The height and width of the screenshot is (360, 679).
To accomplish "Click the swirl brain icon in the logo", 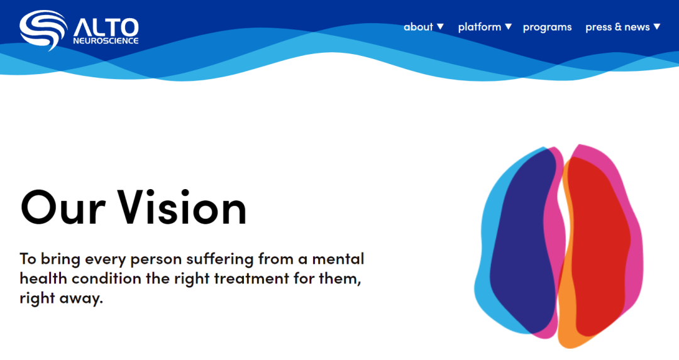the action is (x=43, y=30).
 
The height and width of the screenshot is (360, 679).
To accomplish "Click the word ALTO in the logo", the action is (x=106, y=27).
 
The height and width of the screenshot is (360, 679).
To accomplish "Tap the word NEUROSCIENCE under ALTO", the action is (x=106, y=41).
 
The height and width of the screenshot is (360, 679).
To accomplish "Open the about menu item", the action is (x=418, y=27).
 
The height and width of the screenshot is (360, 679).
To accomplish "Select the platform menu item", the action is (x=479, y=27).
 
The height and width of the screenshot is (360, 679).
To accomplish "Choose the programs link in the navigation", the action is (x=548, y=27).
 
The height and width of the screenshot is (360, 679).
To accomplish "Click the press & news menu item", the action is (x=617, y=27).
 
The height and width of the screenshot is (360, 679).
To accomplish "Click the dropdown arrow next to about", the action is (x=440, y=26).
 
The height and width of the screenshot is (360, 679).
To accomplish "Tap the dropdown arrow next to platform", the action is (x=509, y=26).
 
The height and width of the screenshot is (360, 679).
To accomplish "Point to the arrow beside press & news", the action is (x=657, y=26).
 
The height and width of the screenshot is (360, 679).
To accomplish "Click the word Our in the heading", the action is (x=63, y=208).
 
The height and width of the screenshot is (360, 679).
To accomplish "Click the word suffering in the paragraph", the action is (x=220, y=259).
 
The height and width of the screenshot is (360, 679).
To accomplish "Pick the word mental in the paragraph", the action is (x=338, y=259).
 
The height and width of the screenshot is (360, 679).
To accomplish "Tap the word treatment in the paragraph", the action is (x=251, y=278).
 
